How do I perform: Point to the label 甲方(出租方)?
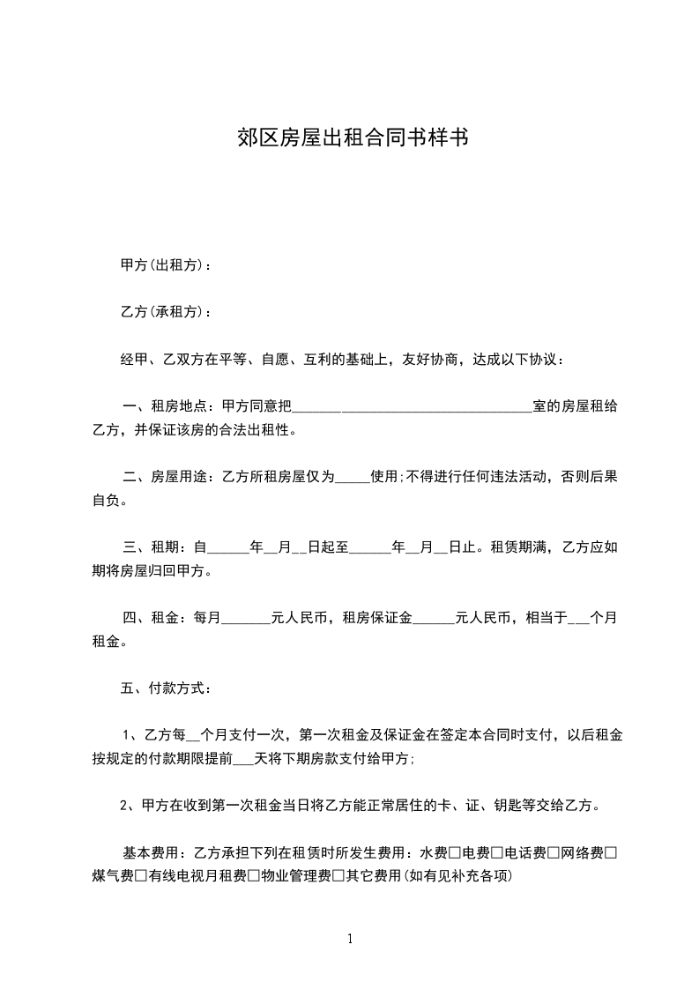[161, 264]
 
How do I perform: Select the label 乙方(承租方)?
[161, 312]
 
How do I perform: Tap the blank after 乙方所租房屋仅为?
[353, 478]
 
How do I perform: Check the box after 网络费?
[610, 852]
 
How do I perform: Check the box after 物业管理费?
[338, 876]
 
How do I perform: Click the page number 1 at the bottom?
[350, 939]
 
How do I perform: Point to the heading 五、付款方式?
[164, 688]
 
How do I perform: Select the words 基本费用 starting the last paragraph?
[150, 852]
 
